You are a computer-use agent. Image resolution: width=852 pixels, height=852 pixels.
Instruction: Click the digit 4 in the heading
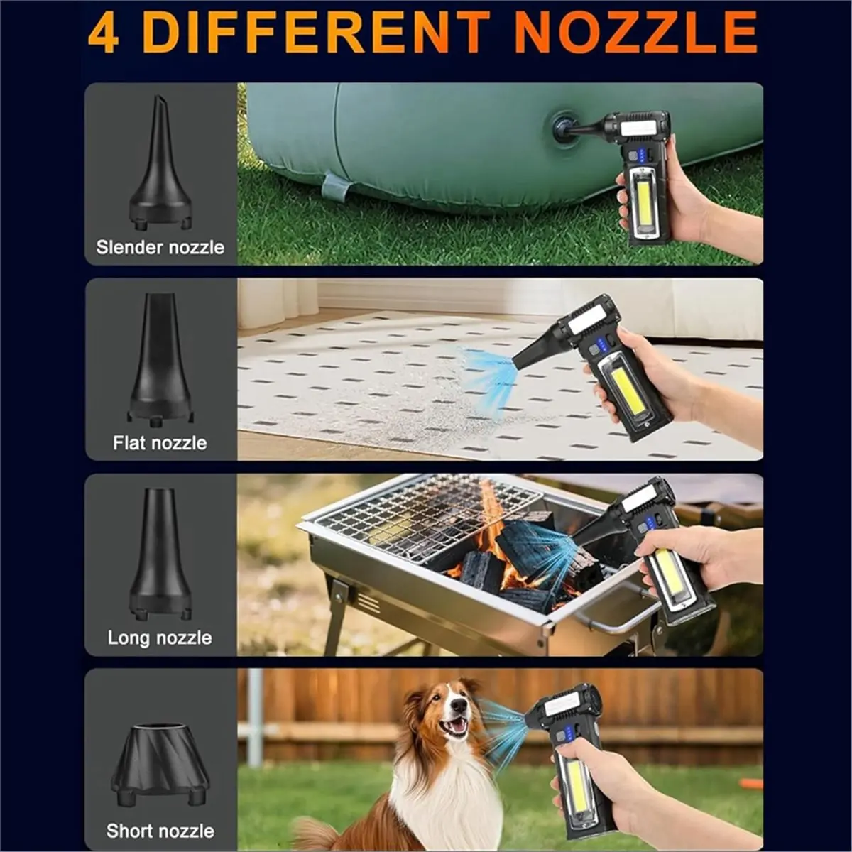104,33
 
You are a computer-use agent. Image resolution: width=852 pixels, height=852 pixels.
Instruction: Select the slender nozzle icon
160,167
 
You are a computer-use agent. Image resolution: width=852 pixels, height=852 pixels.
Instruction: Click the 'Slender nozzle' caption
160,247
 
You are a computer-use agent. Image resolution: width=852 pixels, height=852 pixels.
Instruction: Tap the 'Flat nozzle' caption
160,443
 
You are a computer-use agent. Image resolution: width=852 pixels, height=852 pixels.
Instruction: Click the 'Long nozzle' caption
160,638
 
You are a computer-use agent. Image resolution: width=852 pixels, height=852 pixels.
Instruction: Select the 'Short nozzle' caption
160,831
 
